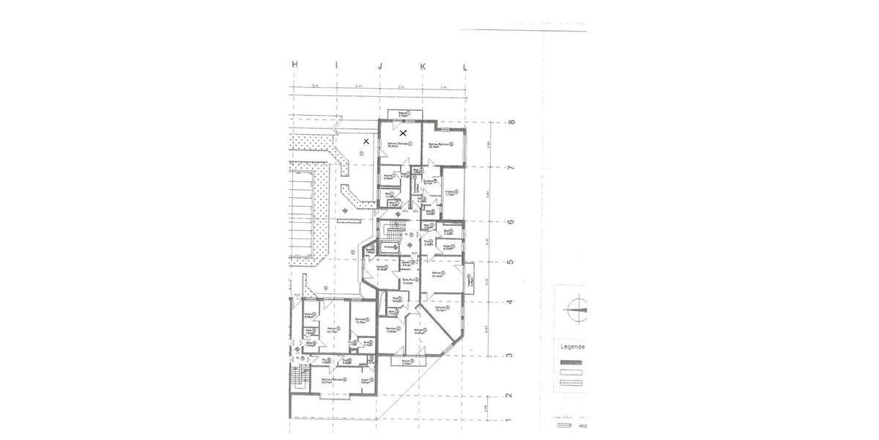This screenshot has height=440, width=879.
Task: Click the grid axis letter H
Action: point(294,65)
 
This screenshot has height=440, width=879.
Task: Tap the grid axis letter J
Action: point(379,66)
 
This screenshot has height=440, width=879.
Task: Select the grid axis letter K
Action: point(423,66)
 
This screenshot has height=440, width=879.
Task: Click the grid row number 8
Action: point(511,122)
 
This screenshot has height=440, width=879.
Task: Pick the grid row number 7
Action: point(511,168)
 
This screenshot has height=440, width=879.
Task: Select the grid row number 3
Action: point(511,356)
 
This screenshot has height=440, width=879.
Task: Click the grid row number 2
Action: point(511,395)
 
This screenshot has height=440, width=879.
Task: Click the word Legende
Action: point(572,347)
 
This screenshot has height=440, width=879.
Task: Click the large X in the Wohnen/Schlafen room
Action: point(403,134)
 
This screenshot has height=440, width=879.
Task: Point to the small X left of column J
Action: point(366,141)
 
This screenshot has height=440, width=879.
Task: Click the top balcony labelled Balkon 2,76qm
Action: point(404,114)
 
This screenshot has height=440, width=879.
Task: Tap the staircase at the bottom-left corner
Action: point(297,377)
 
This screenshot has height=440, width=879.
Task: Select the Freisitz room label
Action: point(450,194)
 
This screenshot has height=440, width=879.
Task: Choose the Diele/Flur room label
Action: point(409,279)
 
